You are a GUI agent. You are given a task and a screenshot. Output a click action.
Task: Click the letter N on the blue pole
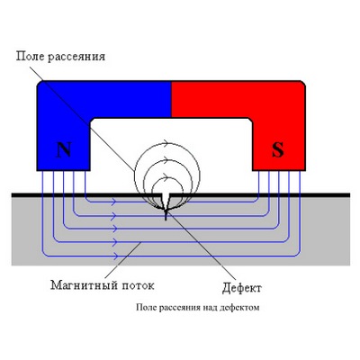64,150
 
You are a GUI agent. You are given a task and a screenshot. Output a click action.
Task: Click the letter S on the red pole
278,150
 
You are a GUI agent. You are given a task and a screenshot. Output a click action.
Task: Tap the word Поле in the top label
30,56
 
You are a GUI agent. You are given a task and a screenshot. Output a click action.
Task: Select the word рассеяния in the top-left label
76,57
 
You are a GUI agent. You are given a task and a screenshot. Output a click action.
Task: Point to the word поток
138,285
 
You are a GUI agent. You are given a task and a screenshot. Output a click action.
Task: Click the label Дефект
242,288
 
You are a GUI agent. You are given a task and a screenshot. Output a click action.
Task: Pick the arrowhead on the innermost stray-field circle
165,179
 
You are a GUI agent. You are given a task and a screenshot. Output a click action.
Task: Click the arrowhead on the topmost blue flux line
113,202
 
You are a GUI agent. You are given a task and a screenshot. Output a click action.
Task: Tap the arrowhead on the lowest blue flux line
114,256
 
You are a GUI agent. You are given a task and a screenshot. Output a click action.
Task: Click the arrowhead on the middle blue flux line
113,229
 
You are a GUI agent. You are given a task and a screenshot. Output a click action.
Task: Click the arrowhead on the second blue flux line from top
113,215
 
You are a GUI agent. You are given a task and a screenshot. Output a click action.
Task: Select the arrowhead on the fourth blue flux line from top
114,242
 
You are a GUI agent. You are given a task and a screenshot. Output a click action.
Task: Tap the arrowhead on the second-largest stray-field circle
165,160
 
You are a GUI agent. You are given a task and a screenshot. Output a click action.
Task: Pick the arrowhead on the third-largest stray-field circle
165,175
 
